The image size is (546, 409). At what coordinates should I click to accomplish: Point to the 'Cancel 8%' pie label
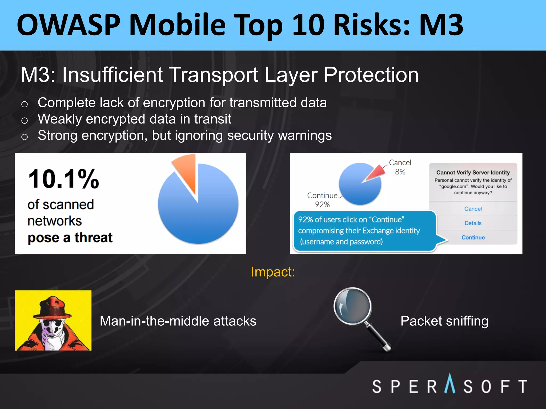coord(400,167)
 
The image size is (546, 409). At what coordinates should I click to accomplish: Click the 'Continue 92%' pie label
coord(322,200)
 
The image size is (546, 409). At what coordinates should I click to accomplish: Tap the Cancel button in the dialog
coord(473,209)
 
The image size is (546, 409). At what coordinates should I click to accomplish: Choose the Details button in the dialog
coord(473,223)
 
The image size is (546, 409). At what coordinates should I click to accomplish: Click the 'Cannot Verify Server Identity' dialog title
coord(473,173)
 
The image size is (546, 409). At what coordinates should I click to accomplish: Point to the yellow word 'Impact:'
coord(273,272)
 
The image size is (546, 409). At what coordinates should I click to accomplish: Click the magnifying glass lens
coord(352,306)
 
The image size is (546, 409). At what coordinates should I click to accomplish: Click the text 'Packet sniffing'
coord(444,321)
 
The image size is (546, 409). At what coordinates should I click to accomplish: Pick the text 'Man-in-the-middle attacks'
coord(178,321)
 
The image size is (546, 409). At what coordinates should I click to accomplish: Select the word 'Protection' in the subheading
coord(371,75)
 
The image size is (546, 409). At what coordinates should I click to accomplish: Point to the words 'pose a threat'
coord(70,238)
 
